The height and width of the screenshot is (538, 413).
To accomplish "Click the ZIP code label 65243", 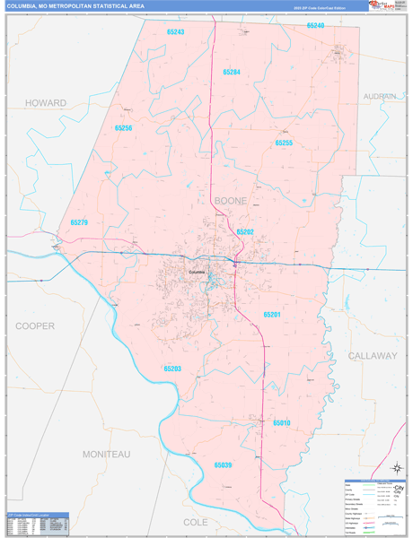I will pyautogui.click(x=175, y=31).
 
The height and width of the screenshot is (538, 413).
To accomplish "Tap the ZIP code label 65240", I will pyautogui.click(x=315, y=26).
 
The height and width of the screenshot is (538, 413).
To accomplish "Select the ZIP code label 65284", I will pyautogui.click(x=232, y=72).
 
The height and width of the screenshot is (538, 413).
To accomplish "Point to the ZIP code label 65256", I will pyautogui.click(x=123, y=128).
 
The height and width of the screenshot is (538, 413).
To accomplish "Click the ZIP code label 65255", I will pyautogui.click(x=284, y=143).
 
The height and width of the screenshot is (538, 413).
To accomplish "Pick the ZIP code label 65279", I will pyautogui.click(x=79, y=222).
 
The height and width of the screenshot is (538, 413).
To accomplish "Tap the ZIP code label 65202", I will pyautogui.click(x=245, y=231).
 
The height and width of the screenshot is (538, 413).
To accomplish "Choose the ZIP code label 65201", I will pyautogui.click(x=272, y=315).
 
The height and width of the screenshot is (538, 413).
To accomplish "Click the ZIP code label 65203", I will pyautogui.click(x=172, y=368).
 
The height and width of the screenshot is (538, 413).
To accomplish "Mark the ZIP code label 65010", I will pyautogui.click(x=282, y=421).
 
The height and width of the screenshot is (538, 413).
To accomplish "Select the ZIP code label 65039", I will pyautogui.click(x=223, y=465).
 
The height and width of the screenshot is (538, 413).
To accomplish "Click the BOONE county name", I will pyautogui.click(x=230, y=201).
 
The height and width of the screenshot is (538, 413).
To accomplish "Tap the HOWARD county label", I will pyautogui.click(x=46, y=103).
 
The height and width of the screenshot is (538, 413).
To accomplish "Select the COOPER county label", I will pyautogui.click(x=35, y=325).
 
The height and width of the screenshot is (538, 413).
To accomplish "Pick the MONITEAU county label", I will pyautogui.click(x=106, y=455).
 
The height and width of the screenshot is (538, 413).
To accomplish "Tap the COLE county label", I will pyautogui.click(x=195, y=521).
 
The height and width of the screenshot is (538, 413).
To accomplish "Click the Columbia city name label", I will pyautogui.click(x=197, y=272).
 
